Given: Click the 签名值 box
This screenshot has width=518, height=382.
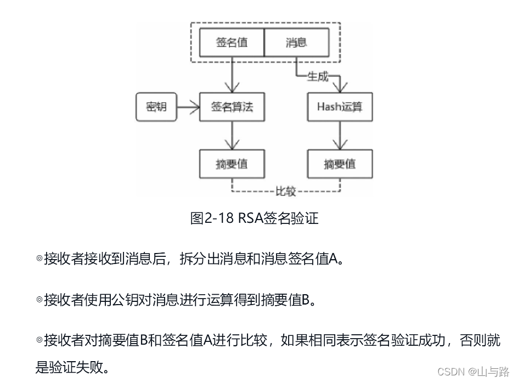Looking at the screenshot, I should tap(232, 43).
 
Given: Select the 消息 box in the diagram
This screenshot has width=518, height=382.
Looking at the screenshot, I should tap(296, 43).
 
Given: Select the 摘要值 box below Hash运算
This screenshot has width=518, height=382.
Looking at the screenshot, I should tap(340, 164).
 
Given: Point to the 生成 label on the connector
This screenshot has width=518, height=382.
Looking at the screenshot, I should tap(317, 76).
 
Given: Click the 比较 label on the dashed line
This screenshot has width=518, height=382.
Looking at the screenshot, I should tap(285, 192).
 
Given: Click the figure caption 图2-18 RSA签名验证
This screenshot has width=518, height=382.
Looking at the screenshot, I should tap(254, 218).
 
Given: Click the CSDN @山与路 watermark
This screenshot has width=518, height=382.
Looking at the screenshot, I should tap(474, 372).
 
